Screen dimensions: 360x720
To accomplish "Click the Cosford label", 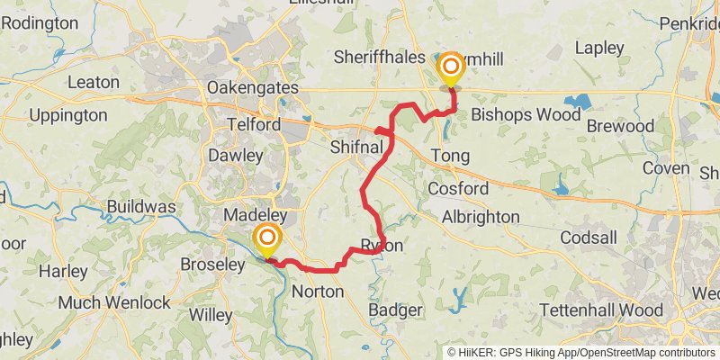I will point(458,189).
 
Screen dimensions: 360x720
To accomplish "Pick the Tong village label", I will point(451,156).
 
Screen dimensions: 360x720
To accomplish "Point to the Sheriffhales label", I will point(379,57).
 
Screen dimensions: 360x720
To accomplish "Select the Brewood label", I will point(620,127).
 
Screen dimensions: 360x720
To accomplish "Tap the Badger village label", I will point(395,310).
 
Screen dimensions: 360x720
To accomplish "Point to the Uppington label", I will point(68,115).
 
